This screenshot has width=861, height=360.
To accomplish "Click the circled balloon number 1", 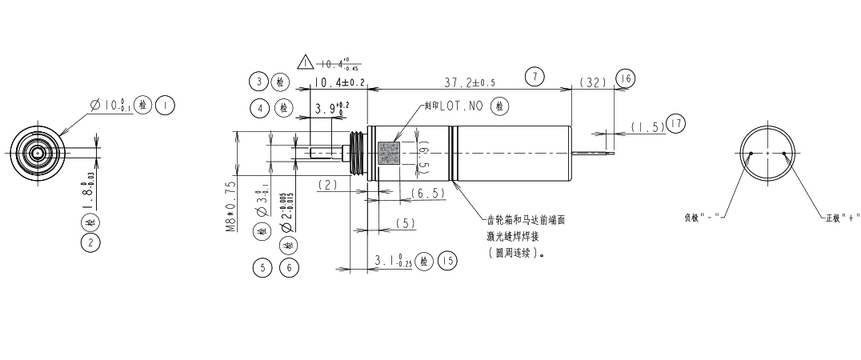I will tap(165, 105).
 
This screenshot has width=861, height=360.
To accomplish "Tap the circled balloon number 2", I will tap(90, 241).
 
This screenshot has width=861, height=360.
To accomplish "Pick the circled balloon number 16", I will tap(625, 78).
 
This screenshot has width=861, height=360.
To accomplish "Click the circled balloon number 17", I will tap(676, 123).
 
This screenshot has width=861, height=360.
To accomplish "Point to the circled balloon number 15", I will tap(448, 260).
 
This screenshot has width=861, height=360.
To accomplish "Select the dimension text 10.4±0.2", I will tap(339, 82).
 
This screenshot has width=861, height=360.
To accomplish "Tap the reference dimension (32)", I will tap(594, 82).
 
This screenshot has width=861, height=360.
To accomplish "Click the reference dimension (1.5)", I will tap(647, 126).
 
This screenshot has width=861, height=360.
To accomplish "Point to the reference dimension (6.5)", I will tap(426, 194).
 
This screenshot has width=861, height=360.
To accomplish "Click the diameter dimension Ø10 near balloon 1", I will tap(111, 105).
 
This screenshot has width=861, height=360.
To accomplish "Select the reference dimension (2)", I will tap(329, 185).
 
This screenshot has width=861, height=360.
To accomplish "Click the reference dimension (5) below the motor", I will tap(406, 223).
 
